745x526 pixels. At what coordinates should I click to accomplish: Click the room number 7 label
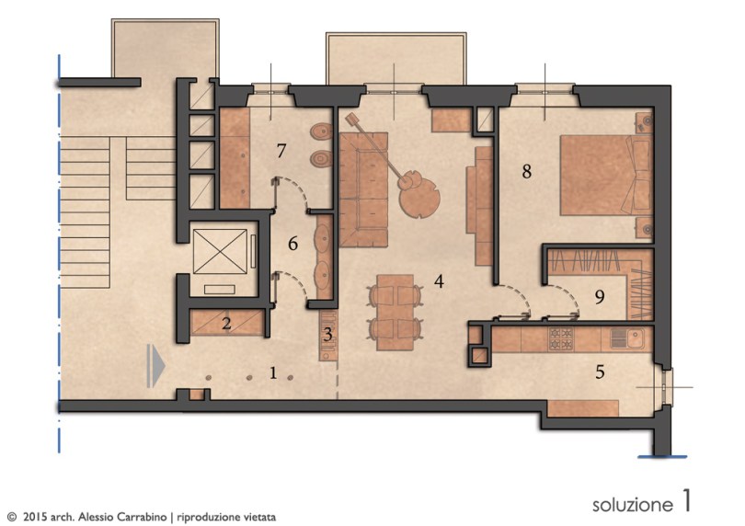point(281,151)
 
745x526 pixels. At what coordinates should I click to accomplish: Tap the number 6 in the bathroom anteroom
point(293,244)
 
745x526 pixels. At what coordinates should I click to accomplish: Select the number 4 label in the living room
point(439,280)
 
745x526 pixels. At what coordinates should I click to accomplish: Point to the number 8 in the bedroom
point(526,171)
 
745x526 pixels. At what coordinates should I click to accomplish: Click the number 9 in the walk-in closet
point(600,297)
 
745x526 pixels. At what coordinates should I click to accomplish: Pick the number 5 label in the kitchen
point(600,372)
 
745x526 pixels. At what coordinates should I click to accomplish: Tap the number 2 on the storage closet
point(226,323)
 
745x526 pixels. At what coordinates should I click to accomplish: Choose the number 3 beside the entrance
point(327,335)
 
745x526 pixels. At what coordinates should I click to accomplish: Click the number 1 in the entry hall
point(273,373)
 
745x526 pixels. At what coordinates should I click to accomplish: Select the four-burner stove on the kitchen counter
point(561,337)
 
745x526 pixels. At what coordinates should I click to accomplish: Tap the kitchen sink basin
point(635,338)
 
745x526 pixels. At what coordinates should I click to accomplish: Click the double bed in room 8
point(606,175)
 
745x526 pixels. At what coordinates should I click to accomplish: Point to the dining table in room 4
point(395,312)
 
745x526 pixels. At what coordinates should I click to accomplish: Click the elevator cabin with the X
point(220,251)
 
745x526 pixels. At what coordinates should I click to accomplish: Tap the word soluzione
point(633,504)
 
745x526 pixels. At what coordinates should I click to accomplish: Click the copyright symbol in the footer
point(12,517)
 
